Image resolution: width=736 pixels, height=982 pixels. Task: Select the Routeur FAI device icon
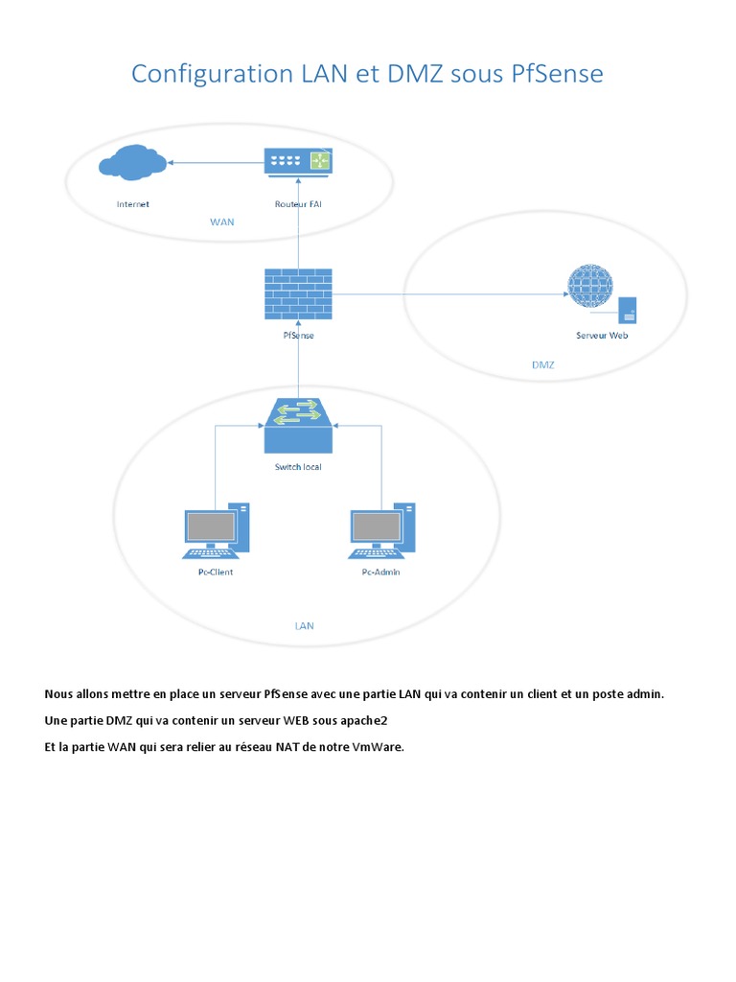click(297, 161)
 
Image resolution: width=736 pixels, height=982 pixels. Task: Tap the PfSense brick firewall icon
click(297, 293)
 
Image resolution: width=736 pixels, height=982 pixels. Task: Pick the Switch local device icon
click(298, 426)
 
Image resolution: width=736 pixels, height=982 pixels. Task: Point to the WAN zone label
click(221, 222)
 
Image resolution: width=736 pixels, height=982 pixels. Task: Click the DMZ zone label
click(542, 365)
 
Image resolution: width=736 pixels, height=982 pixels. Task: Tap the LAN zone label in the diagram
click(304, 625)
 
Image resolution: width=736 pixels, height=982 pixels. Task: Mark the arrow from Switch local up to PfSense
click(298, 369)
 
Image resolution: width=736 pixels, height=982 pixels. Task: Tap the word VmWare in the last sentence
click(378, 747)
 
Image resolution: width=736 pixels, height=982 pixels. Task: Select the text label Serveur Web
click(602, 336)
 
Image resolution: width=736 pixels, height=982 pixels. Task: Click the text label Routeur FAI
click(298, 203)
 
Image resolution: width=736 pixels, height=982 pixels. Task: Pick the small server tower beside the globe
click(629, 310)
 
